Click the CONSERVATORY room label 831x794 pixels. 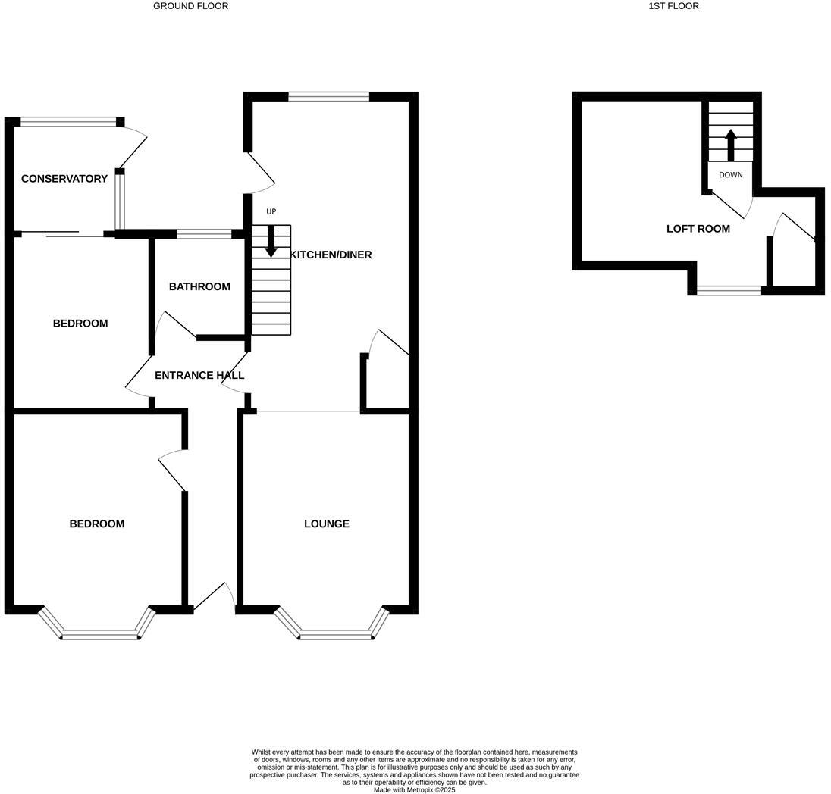[x=64, y=179]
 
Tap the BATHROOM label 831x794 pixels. [x=199, y=286]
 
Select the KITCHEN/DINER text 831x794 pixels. [x=331, y=255]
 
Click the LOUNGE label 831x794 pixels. [x=327, y=524]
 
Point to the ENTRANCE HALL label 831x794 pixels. [x=199, y=375]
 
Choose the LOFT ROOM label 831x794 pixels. [x=698, y=229]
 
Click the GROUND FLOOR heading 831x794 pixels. [x=190, y=6]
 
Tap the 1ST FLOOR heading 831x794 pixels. [x=673, y=6]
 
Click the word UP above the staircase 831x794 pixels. [x=271, y=211]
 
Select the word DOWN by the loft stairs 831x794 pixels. [x=731, y=175]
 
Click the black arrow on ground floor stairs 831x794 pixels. [x=271, y=241]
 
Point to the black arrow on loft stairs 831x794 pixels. [x=731, y=144]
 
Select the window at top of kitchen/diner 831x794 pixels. [x=328, y=96]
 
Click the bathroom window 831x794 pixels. [x=204, y=234]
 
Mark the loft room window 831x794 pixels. [x=729, y=290]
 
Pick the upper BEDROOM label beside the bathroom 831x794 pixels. [x=80, y=324]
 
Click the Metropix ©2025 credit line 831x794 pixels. [x=415, y=789]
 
